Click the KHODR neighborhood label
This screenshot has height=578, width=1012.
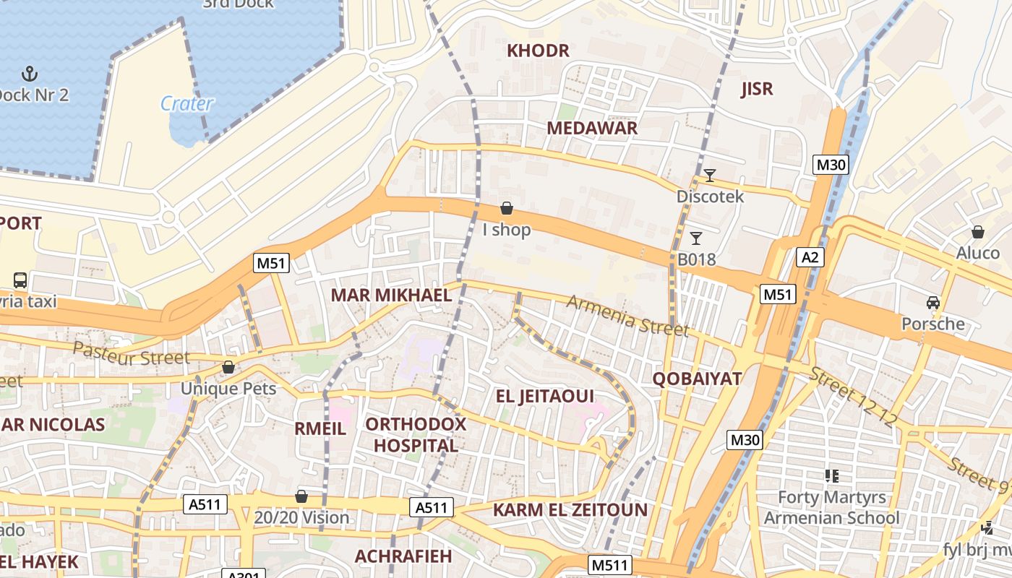[538, 51]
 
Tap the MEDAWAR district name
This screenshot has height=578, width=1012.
[591, 128]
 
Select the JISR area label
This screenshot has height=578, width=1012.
[757, 89]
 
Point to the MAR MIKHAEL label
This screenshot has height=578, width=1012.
[391, 295]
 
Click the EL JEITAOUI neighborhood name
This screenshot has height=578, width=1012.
[544, 396]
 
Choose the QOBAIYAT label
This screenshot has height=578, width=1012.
[697, 379]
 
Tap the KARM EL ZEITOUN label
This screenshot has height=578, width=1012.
[570, 510]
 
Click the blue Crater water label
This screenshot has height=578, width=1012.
[186, 103]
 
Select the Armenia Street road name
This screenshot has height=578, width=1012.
[627, 316]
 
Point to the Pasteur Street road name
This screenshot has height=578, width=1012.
[132, 354]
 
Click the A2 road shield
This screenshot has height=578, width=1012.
[810, 257]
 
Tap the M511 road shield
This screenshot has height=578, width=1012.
[609, 565]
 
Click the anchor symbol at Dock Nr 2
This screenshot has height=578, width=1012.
[30, 73]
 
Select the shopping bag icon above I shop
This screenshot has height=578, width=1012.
[507, 209]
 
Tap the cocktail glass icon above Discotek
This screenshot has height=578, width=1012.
[710, 175]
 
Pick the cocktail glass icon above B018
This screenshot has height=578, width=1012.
[696, 238]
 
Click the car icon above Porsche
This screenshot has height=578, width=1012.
[932, 302]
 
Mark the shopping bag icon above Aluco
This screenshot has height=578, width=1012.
[977, 232]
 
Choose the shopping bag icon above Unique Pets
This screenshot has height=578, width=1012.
[228, 367]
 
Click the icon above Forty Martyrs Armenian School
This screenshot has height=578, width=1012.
[831, 475]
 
